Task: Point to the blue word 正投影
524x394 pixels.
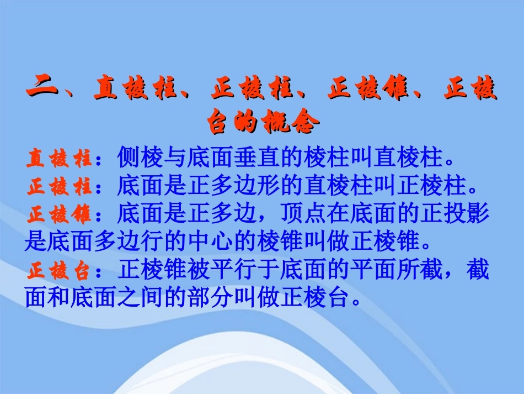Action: coord(455,214)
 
